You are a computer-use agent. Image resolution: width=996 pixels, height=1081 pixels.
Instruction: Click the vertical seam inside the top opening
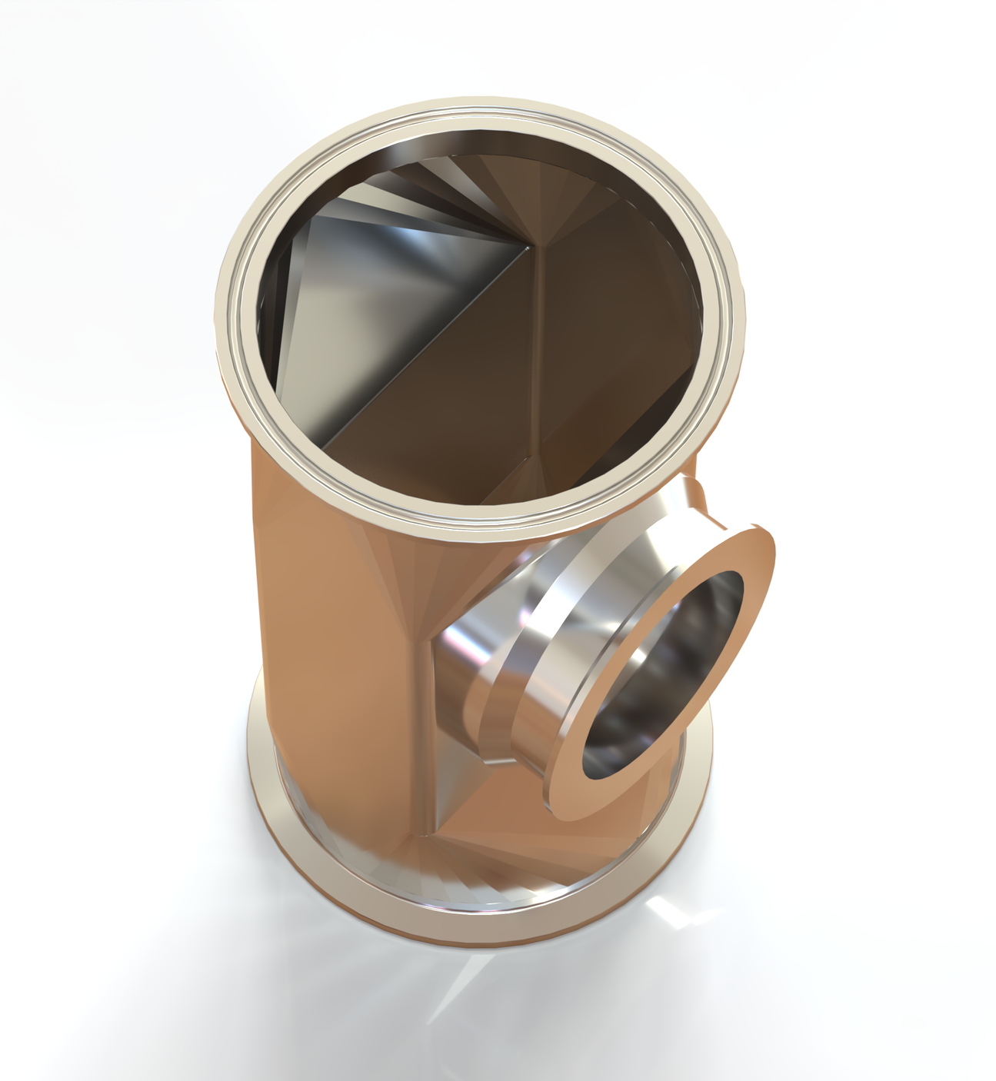[545, 346]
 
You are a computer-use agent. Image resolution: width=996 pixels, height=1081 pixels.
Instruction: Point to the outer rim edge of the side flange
[769, 554]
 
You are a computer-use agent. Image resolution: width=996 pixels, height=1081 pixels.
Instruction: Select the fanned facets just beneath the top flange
[400, 561]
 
